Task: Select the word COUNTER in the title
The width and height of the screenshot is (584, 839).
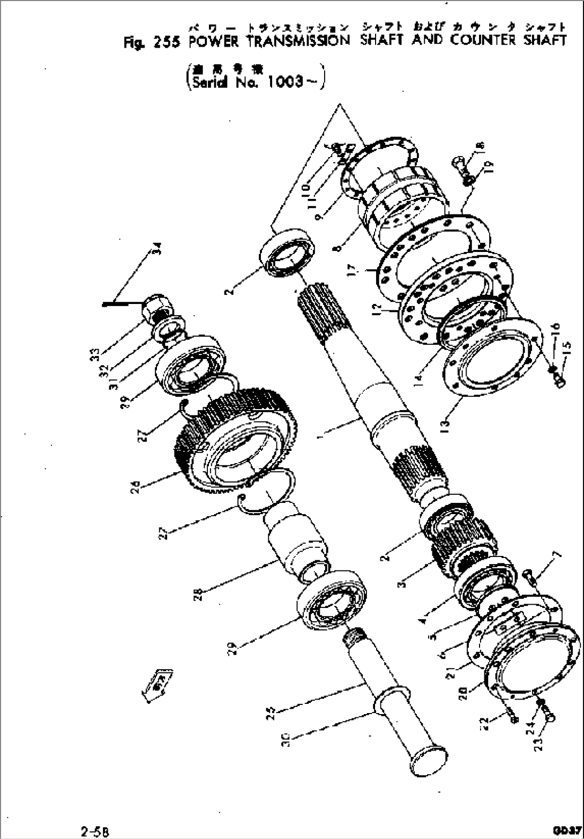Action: tap(483, 40)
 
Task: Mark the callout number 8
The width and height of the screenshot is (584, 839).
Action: tap(336, 248)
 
